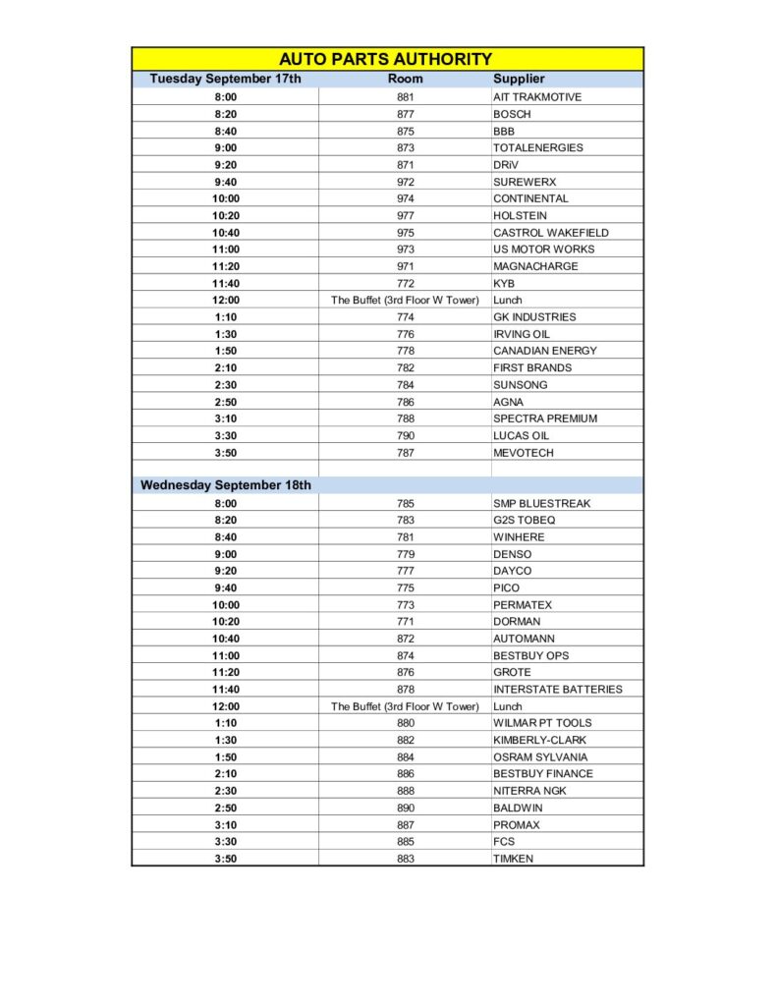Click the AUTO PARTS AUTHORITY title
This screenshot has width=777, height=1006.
pyautogui.click(x=386, y=59)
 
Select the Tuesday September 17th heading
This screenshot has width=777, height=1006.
pyautogui.click(x=225, y=79)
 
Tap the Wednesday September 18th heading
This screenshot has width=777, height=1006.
pyautogui.click(x=225, y=485)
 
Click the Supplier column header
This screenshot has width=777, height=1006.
pyautogui.click(x=519, y=79)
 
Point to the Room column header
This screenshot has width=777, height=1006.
pyautogui.click(x=405, y=79)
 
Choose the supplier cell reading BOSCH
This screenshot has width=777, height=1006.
pyautogui.click(x=512, y=114)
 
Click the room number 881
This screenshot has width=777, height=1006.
pyautogui.click(x=405, y=97)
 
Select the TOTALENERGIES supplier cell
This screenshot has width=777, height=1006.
pyautogui.click(x=537, y=147)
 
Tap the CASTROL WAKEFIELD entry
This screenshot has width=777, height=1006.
pyautogui.click(x=551, y=233)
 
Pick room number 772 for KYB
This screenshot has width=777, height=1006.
pyautogui.click(x=405, y=283)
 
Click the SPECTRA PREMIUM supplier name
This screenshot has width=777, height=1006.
pyautogui.click(x=545, y=419)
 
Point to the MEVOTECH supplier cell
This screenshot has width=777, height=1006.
pyautogui.click(x=524, y=453)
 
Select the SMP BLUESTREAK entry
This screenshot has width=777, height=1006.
pyautogui.click(x=541, y=503)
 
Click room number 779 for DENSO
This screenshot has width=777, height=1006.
pyautogui.click(x=405, y=554)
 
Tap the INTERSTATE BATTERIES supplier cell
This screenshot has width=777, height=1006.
pyautogui.click(x=557, y=689)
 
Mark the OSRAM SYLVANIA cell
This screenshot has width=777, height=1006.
pyautogui.click(x=540, y=756)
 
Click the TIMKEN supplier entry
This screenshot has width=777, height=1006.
pyautogui.click(x=514, y=859)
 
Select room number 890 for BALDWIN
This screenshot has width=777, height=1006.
pyautogui.click(x=405, y=808)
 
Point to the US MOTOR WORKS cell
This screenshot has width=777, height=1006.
pyautogui.click(x=543, y=250)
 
